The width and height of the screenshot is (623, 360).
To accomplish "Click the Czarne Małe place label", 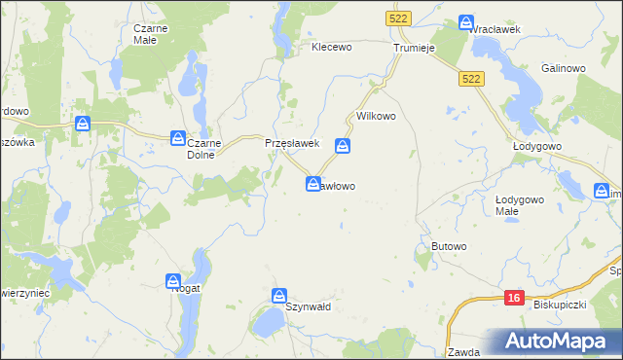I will [x=152, y=34].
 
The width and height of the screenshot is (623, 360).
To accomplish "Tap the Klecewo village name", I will [x=330, y=47].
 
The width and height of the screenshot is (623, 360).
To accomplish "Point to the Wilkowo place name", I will [x=376, y=116].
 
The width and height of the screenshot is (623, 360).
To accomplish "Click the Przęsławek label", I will [x=293, y=143].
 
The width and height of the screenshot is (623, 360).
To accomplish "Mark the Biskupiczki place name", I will [x=559, y=305].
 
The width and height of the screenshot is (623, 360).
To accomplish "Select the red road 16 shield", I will [x=515, y=298].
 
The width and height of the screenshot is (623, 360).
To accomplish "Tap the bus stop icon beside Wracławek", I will [x=468, y=21].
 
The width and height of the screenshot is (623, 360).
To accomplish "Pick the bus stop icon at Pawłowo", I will [x=313, y=183].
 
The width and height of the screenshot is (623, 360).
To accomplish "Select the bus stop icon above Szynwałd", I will [x=279, y=295].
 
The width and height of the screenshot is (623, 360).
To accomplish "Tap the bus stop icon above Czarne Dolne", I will [x=178, y=138].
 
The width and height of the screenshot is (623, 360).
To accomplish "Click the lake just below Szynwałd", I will [x=264, y=323].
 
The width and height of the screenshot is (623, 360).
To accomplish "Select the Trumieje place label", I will [x=413, y=47].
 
